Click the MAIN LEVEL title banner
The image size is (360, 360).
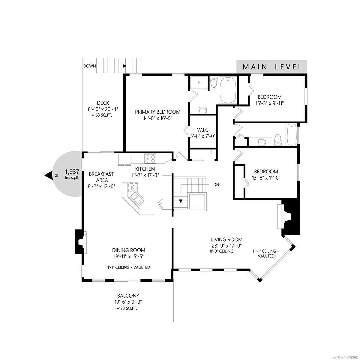pos(271,67)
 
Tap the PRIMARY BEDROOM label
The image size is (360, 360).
pos(157,112)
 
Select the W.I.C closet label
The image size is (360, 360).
pos(203,130)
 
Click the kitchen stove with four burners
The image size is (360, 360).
pos(150,159)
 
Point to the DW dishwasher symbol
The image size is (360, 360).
pos(133,187)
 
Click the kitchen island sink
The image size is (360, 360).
pos(137,198)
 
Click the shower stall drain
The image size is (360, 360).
pos(199,82)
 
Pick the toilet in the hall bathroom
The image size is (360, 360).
pos(277,139)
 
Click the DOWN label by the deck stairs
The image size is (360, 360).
pos(89,66)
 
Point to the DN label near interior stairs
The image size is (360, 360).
pos(216,184)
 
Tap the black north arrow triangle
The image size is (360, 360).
pos(49,175)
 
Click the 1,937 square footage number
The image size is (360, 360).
pos(72,172)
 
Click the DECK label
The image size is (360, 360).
pos(103,103)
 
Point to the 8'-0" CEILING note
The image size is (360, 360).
pos(221,251)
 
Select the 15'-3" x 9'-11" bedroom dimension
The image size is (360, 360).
pos(269,103)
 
